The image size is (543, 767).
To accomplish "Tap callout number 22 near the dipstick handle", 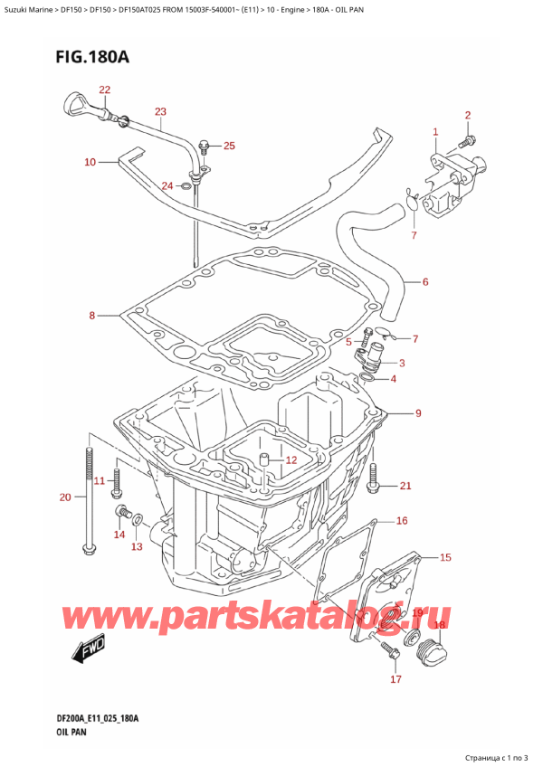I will [x=105, y=90].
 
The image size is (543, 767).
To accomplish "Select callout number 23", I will [x=160, y=112].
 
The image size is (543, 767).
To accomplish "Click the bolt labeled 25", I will [x=204, y=145].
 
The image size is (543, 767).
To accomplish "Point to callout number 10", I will [x=90, y=163].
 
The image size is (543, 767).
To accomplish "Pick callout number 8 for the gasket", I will [x=91, y=316].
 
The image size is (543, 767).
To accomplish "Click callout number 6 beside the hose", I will [x=424, y=282].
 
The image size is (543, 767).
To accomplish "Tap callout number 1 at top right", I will [x=435, y=132].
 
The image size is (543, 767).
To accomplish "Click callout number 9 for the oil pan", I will [x=417, y=414].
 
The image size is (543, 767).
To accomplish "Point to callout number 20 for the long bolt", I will [x=64, y=497].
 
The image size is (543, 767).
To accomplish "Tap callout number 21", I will [x=405, y=486].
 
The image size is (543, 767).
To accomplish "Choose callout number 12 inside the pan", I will [x=291, y=460].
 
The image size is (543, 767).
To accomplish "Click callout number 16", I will [x=402, y=521].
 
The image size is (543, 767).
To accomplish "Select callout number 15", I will [x=444, y=557].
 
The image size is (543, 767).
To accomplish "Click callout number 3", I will [x=401, y=364].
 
